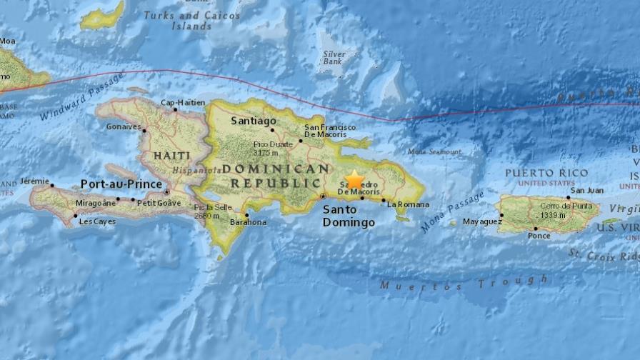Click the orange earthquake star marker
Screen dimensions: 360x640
[354, 179]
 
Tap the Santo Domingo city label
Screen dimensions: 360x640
[349, 216]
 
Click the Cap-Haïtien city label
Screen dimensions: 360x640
[179, 102]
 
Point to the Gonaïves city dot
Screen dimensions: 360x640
[144, 131]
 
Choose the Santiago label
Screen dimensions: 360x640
[254, 121]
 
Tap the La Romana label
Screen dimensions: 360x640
[406, 204]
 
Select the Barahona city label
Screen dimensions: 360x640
[248, 222]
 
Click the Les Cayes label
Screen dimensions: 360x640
[96, 221]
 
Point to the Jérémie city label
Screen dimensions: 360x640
[35, 181]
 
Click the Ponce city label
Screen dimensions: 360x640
[539, 236]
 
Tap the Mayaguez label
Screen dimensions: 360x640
[483, 221]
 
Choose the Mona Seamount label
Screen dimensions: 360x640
[434, 152]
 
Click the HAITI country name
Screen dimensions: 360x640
[171, 155]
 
